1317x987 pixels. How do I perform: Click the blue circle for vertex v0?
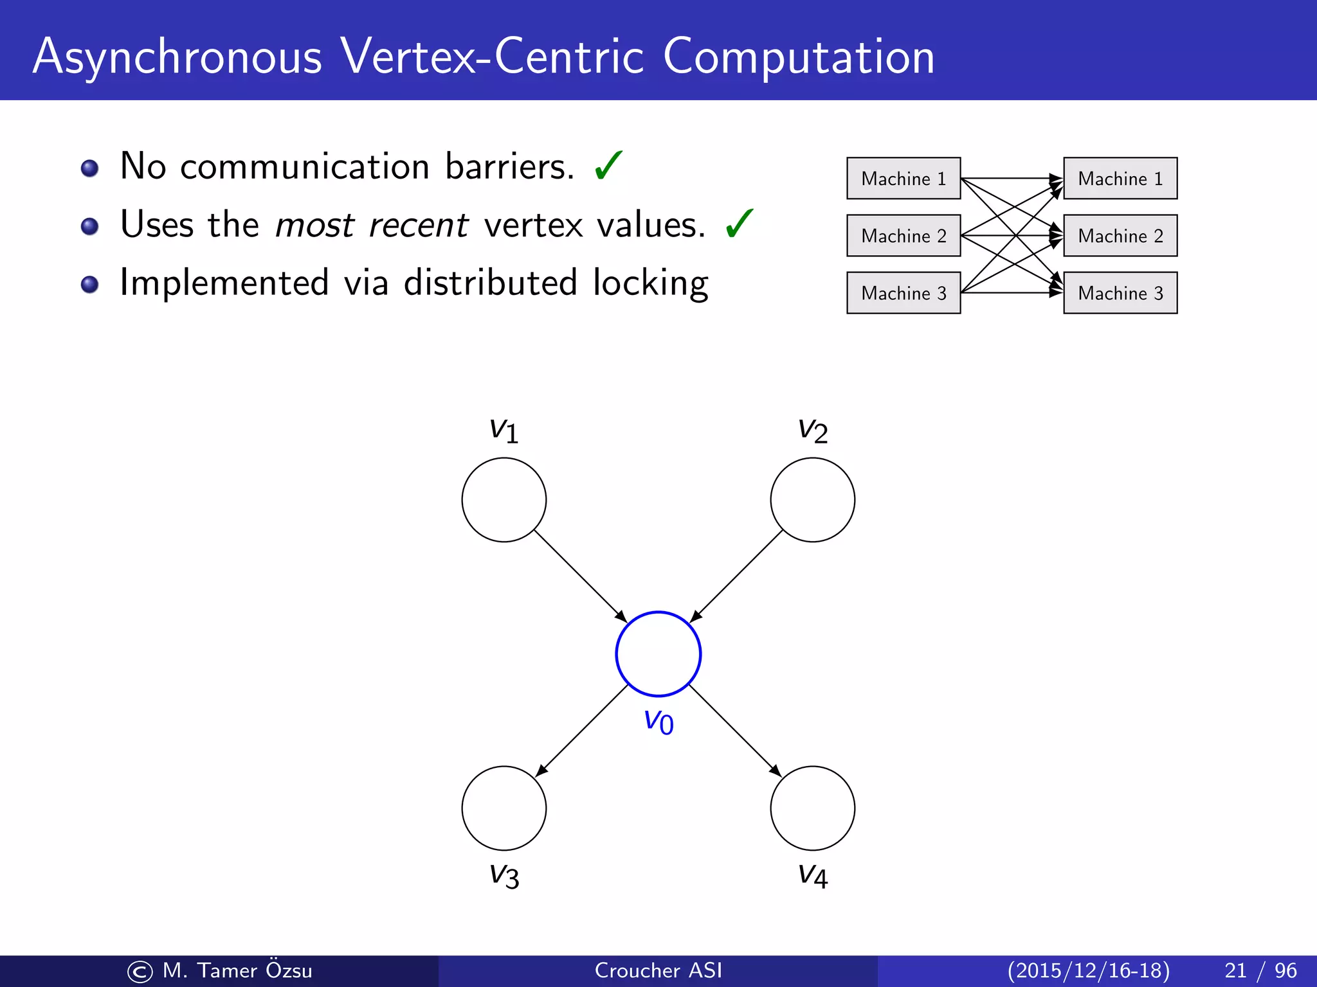coord(658,654)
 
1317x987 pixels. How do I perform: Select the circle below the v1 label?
coord(504,499)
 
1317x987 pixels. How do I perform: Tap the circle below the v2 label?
coord(812,499)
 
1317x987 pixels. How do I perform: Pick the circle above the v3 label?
coord(504,808)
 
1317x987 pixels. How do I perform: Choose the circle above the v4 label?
coord(812,808)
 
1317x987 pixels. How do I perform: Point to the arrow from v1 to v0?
coord(580,576)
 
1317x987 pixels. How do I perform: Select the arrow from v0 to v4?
coord(735,731)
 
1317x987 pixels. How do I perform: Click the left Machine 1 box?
coord(904,178)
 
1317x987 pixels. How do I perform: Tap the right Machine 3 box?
coord(1120,293)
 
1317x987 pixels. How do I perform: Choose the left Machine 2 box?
coord(904,236)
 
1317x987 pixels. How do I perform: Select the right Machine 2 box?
coord(1120,236)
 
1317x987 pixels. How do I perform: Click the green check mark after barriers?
coord(608,165)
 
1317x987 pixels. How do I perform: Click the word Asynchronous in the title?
coord(177,58)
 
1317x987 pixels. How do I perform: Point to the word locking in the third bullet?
coord(650,283)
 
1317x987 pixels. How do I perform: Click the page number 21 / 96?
coord(1260,970)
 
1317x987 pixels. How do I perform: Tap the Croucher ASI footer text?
coord(658,970)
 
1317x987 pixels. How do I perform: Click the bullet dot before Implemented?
coord(90,284)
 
